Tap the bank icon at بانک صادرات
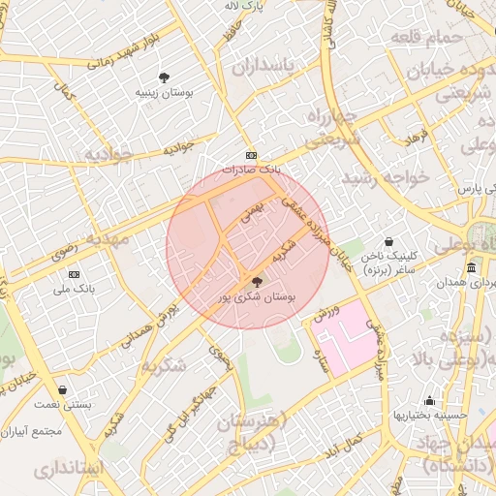point(251,155)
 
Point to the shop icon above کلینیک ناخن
point(388,241)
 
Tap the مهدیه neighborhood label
point(108,236)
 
